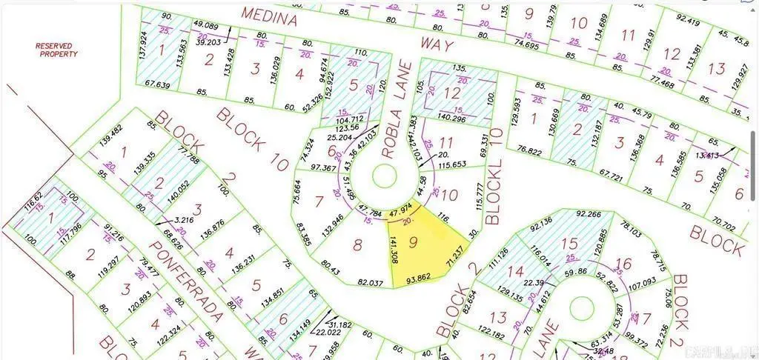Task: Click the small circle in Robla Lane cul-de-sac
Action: coord(384,176)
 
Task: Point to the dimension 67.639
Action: coord(157,85)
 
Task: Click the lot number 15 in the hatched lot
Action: coord(569,243)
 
